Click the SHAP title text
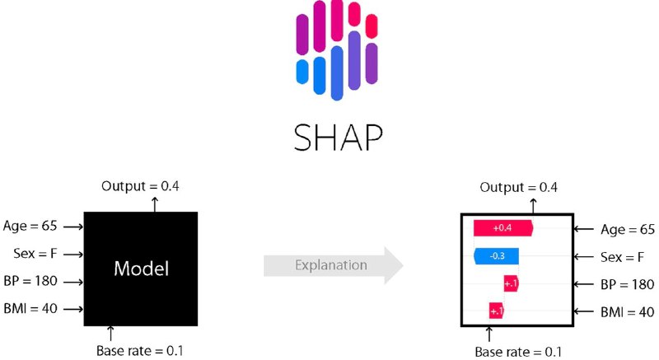(338, 138)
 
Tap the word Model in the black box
(141, 269)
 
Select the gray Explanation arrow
(334, 265)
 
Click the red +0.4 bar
(503, 228)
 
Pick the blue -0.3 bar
(497, 256)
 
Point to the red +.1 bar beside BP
(511, 284)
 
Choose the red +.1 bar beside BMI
(497, 311)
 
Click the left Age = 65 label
(30, 226)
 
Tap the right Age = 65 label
(628, 229)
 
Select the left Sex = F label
(35, 253)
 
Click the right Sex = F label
(622, 257)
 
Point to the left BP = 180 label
(30, 281)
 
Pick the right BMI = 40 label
(628, 312)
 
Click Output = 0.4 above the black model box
(140, 185)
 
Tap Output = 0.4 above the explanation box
(519, 187)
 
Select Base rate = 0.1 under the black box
(139, 350)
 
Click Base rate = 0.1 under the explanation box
(518, 352)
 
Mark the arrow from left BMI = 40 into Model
(73, 309)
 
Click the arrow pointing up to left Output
(155, 204)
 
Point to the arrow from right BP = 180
(584, 284)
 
